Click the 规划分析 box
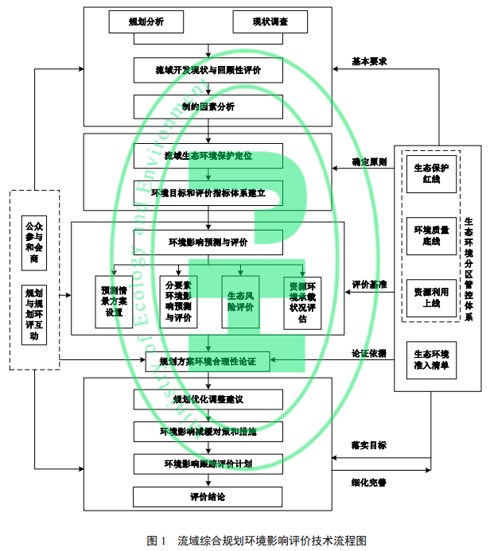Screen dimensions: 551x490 pyautogui.click(x=146, y=22)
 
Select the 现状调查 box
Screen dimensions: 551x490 pyautogui.click(x=270, y=22)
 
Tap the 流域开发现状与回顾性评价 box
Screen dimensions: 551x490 pyautogui.click(x=208, y=71)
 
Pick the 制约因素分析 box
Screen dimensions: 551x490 pyautogui.click(x=208, y=107)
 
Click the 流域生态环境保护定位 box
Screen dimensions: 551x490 pyautogui.click(x=208, y=156)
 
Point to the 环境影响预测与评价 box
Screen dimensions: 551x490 pyautogui.click(x=208, y=242)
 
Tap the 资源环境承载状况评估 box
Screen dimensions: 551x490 pyautogui.click(x=302, y=301)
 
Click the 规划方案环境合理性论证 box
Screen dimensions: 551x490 pyautogui.click(x=208, y=362)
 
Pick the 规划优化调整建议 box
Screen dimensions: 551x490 pyautogui.click(x=208, y=398)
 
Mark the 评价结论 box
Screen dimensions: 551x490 pyautogui.click(x=208, y=497)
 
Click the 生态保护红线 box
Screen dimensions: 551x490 pyautogui.click(x=432, y=173)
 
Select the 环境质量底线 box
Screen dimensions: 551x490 pyautogui.click(x=432, y=235)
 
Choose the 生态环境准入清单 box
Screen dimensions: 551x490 pyautogui.click(x=432, y=359)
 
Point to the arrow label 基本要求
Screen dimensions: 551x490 pyautogui.click(x=369, y=62)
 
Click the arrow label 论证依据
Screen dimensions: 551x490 pyautogui.click(x=369, y=353)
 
